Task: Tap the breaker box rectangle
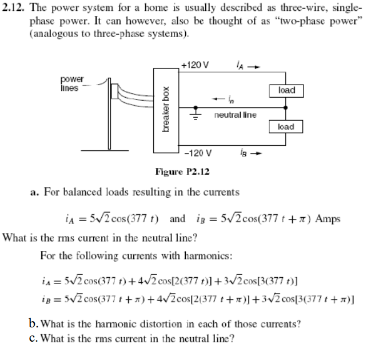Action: click(x=166, y=109)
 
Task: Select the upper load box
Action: click(x=285, y=91)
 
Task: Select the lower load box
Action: click(x=285, y=127)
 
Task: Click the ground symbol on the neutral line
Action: click(x=197, y=115)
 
